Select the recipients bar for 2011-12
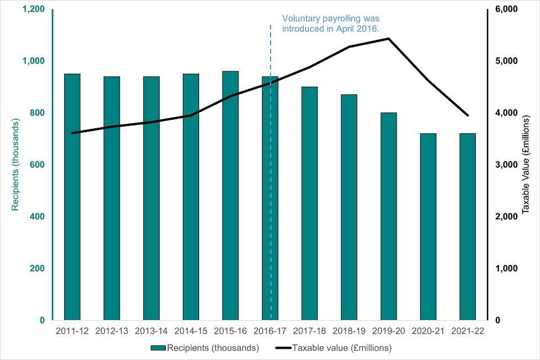click(x=72, y=197)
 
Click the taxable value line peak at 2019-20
click(x=389, y=39)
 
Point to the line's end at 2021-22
click(x=467, y=115)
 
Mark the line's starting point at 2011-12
click(x=72, y=133)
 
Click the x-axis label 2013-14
click(x=151, y=331)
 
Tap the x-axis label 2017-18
click(x=309, y=331)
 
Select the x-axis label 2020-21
click(x=428, y=331)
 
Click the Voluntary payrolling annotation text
click(x=331, y=24)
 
